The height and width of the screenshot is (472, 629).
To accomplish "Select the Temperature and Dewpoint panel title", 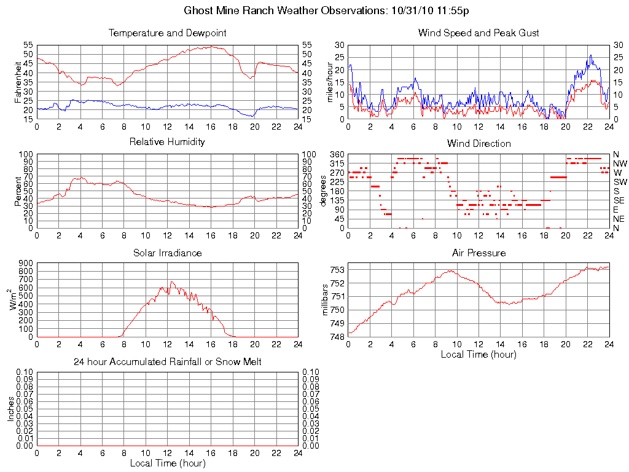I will tap(168, 33).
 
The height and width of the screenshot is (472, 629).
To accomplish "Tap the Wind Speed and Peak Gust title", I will tap(479, 33).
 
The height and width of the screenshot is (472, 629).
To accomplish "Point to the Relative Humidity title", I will tap(168, 142).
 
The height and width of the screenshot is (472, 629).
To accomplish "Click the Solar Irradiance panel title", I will tap(168, 253).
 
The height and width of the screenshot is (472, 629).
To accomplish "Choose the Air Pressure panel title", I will tap(479, 253).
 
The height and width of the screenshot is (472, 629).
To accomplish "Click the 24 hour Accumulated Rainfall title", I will tap(168, 362).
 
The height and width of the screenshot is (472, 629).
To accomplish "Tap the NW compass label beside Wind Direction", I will tap(619, 163).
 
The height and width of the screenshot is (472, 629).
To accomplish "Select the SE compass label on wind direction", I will tap(618, 200).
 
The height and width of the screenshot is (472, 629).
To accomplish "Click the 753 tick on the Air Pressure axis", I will tap(337, 269).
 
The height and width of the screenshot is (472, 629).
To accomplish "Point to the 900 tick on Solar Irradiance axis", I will tap(26, 263).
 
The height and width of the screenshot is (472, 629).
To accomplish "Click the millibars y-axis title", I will tap(326, 299).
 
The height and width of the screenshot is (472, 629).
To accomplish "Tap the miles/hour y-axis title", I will tap(330, 82).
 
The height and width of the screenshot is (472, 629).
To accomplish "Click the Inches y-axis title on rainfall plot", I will tap(10, 409).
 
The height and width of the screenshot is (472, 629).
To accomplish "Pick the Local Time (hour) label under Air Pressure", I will tap(479, 354).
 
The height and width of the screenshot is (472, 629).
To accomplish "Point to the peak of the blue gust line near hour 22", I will tap(590, 55).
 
